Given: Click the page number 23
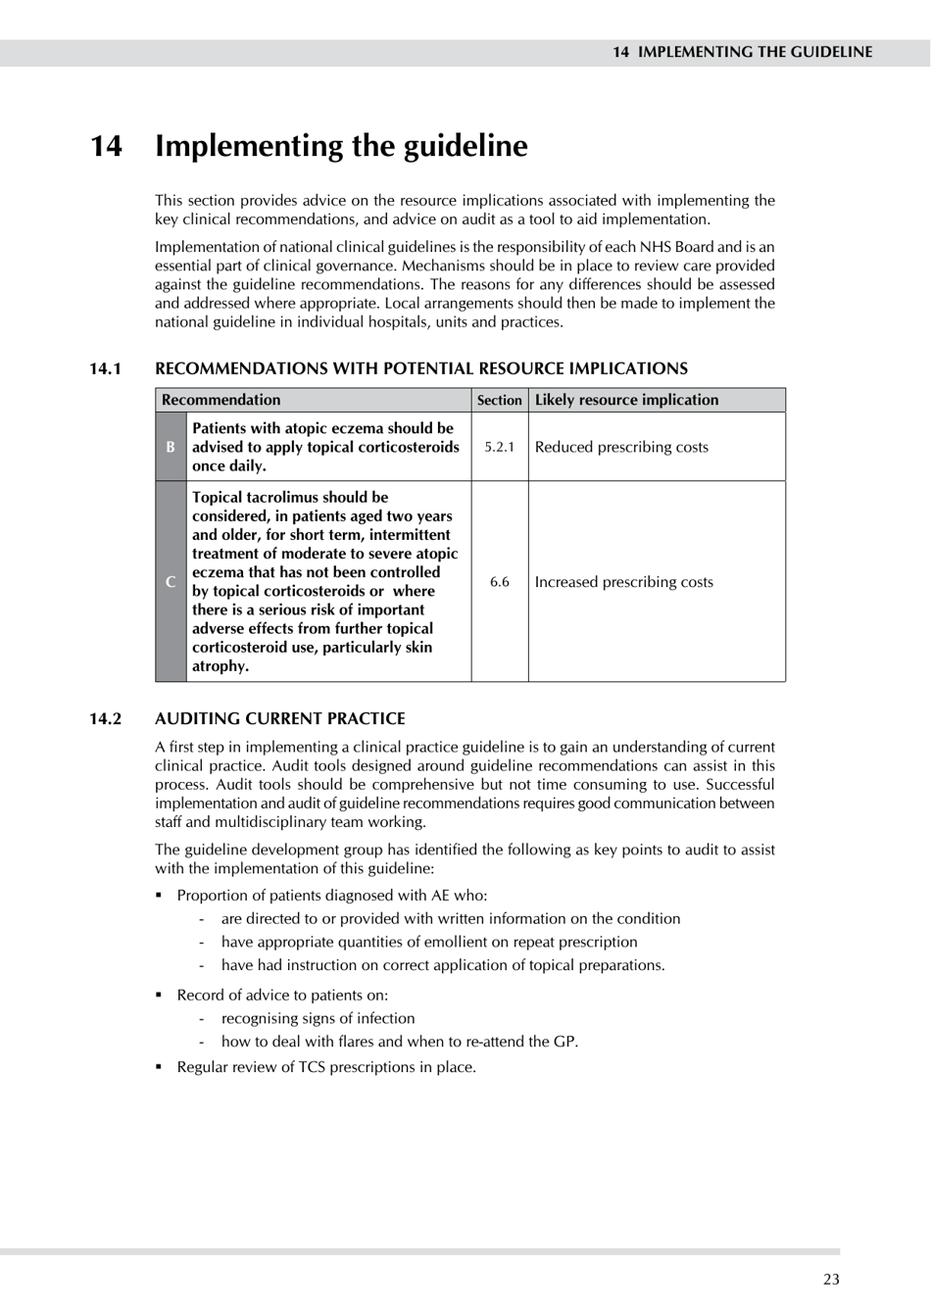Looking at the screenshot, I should [831, 1279].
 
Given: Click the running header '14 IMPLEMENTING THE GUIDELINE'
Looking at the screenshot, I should [742, 52].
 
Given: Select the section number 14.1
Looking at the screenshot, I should [106, 368].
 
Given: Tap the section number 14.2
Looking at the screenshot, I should [106, 718].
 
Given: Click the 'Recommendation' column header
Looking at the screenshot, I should [220, 400].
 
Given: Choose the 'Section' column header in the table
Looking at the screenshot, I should [499, 400].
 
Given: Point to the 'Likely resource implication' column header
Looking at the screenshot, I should [626, 400].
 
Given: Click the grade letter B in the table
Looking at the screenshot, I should [171, 447].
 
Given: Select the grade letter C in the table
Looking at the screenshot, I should [171, 581].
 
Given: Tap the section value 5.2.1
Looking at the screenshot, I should [499, 447].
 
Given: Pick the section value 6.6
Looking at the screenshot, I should [499, 582].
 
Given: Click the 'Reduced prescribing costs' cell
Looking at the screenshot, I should [621, 447].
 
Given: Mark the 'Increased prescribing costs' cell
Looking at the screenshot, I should [623, 582].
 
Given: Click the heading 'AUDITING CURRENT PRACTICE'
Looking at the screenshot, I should [279, 718].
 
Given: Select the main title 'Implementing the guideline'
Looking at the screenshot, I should [341, 146].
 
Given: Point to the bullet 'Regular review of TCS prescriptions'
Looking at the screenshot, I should [325, 1067].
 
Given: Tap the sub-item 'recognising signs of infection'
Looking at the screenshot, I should [318, 1018].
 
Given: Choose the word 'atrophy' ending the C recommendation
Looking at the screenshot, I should [220, 666].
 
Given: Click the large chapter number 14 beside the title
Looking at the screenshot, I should [107, 146].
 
